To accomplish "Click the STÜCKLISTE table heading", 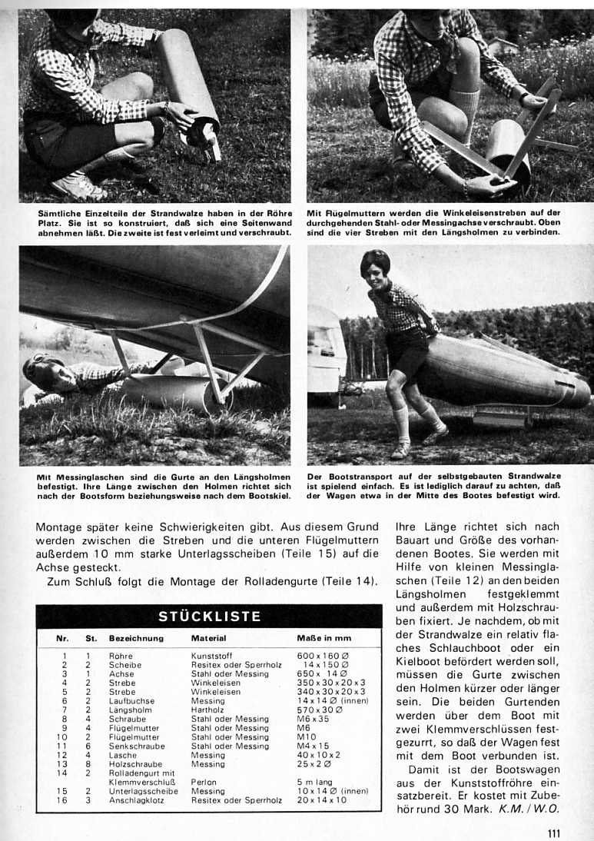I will pyautogui.click(x=209, y=616).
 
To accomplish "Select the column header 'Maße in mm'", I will pyautogui.click(x=323, y=638).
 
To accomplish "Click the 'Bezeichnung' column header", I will pyautogui.click(x=136, y=638).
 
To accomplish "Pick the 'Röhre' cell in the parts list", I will pyautogui.click(x=121, y=656).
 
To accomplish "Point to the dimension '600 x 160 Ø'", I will pyautogui.click(x=324, y=656).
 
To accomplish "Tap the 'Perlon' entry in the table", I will pyautogui.click(x=202, y=782).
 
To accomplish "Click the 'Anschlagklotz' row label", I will pyautogui.click(x=137, y=799).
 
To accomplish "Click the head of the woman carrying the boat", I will pyautogui.click(x=375, y=265).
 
